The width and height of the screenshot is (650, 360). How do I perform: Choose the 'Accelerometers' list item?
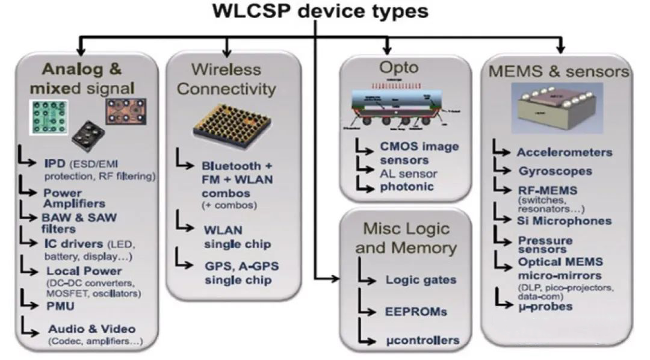click(x=564, y=152)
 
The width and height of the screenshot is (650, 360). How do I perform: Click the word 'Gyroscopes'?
click(x=555, y=171)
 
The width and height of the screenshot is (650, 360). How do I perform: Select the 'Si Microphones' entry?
click(x=564, y=221)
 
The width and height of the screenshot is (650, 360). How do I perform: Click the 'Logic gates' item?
click(x=421, y=280)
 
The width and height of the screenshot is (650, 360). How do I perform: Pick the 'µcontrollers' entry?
click(x=422, y=340)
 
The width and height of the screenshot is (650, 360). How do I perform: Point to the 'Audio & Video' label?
click(x=92, y=329)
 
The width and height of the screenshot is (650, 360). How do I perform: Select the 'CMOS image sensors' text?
click(x=419, y=152)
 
